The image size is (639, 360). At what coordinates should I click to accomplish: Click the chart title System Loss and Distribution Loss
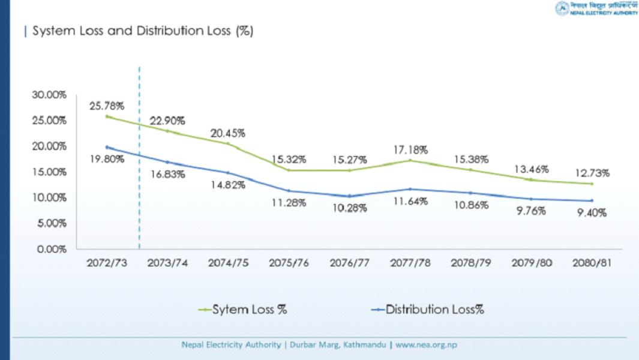[142, 31]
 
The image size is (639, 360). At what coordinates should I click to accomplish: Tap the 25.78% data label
[107, 106]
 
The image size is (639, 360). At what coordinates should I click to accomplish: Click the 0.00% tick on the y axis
[52, 249]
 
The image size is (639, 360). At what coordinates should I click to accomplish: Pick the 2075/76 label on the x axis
[289, 263]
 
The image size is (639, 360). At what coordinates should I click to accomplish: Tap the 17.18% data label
[410, 149]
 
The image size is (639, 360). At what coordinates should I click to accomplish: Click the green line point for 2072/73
[107, 116]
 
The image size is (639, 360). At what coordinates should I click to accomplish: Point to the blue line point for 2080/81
[592, 200]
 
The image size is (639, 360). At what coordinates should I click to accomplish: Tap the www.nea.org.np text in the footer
[426, 345]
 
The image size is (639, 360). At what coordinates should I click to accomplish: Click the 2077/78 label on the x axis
[410, 263]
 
